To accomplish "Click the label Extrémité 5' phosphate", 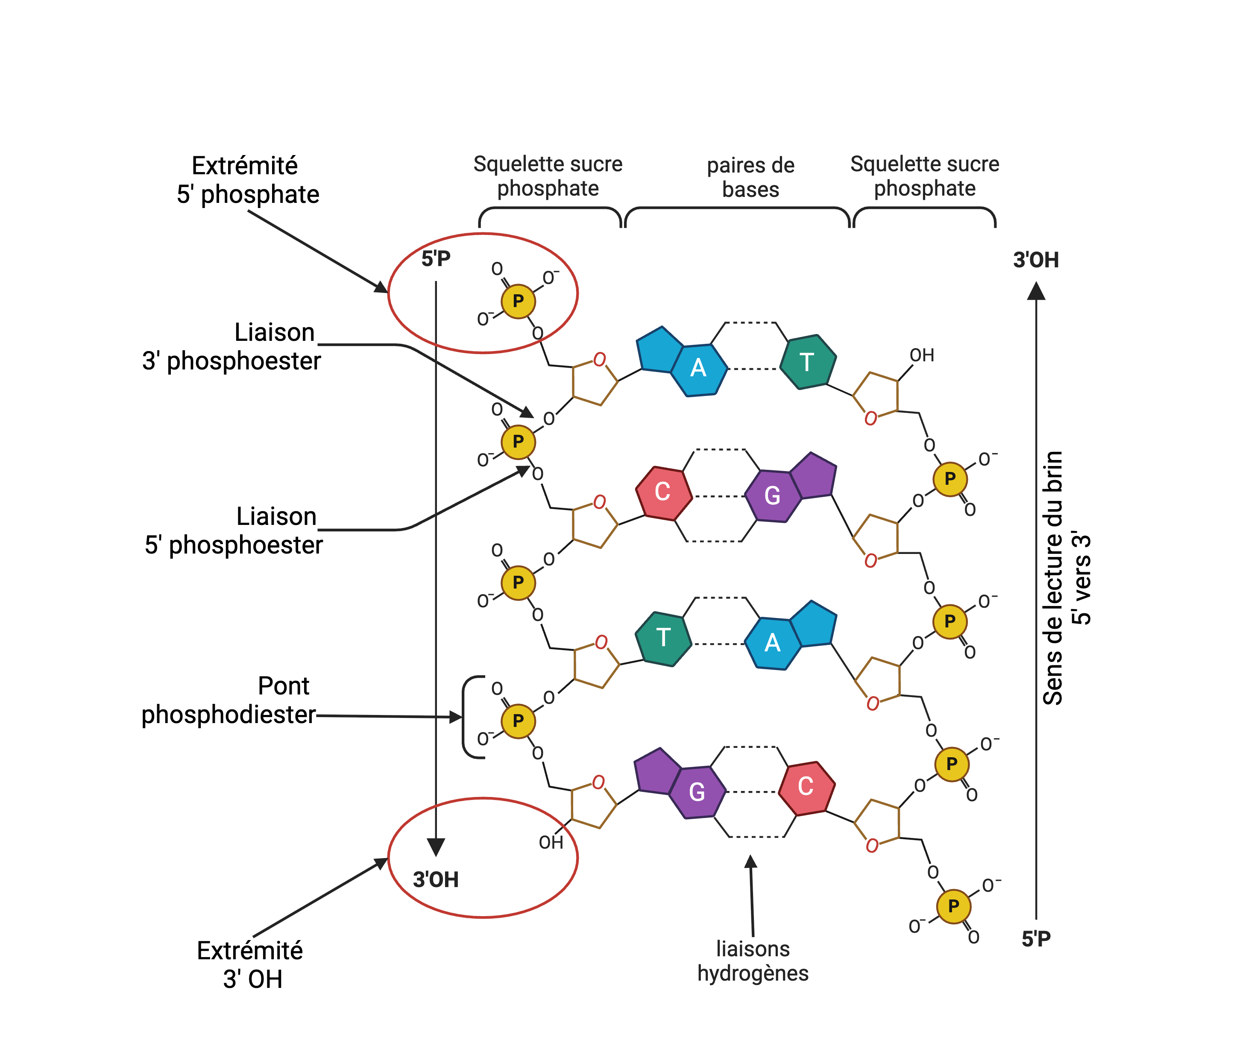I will [247, 180].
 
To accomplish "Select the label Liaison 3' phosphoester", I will [231, 346].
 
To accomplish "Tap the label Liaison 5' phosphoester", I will [234, 530].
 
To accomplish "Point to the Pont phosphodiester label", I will [228, 700].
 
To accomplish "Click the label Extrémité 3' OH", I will [250, 964].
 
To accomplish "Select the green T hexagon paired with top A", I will [807, 362].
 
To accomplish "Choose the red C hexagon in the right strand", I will [806, 787].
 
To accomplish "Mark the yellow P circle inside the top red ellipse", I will [518, 301].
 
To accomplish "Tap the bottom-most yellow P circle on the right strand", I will [953, 906].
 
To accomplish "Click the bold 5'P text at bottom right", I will [1036, 939].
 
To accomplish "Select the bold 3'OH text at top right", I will [1036, 260].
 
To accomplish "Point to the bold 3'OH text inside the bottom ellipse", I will [436, 879].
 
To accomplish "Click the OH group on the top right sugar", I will [921, 355].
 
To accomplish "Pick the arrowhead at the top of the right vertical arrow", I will [1036, 292].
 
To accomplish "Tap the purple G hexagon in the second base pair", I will [772, 495].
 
